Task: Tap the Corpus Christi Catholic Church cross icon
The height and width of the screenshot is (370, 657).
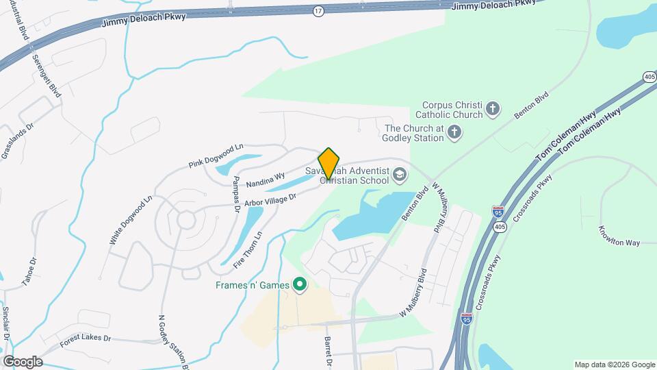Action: coord(492,108)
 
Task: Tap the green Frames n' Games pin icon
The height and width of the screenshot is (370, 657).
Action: coord(299,284)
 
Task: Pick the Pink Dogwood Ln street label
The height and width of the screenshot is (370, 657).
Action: coord(216,156)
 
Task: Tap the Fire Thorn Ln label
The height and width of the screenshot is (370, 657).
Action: coord(248,249)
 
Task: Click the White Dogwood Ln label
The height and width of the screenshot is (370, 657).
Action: coord(130,221)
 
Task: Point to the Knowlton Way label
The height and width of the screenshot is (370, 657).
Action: coord(619,235)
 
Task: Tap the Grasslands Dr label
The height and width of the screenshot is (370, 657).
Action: coord(12,140)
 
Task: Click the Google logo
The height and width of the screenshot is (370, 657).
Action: coord(23,361)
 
